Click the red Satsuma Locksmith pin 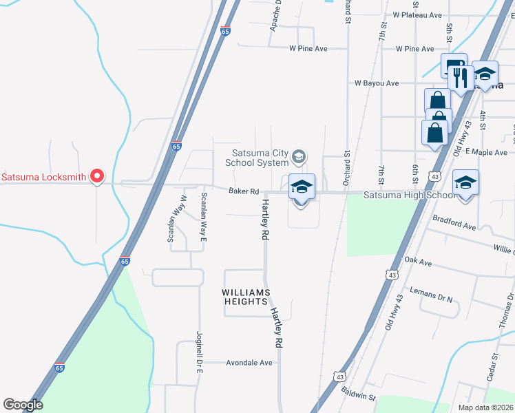pyautogui.click(x=97, y=176)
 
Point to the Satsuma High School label pyautogui.click(x=409, y=195)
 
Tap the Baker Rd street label pyautogui.click(x=244, y=191)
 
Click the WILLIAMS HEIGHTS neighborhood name pyautogui.click(x=244, y=297)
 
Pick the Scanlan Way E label pyautogui.click(x=203, y=215)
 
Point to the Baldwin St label pyautogui.click(x=358, y=394)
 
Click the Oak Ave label pyautogui.click(x=418, y=262)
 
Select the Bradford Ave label pyautogui.click(x=454, y=226)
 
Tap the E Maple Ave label pyautogui.click(x=486, y=152)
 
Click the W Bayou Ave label pyautogui.click(x=377, y=83)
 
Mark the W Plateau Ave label pyautogui.click(x=417, y=14)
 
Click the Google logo pyautogui.click(x=23, y=405)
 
